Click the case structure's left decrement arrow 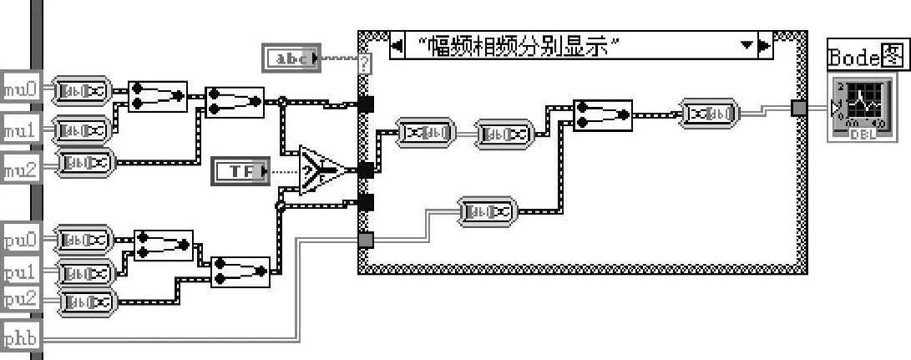click(x=397, y=45)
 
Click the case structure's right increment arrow click(x=764, y=45)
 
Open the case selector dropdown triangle click(x=746, y=45)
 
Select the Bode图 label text click(x=866, y=57)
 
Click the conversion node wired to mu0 click(x=83, y=89)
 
